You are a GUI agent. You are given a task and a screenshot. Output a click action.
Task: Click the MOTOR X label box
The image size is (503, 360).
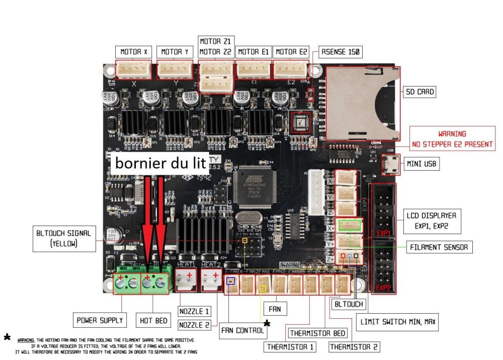(x=134, y=52)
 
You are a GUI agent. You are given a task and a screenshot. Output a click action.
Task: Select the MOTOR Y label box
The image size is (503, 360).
(x=175, y=52)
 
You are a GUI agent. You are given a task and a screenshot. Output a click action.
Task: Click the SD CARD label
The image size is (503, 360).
(x=420, y=92)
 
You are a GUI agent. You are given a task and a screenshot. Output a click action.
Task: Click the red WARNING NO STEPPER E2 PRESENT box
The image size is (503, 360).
(x=452, y=139)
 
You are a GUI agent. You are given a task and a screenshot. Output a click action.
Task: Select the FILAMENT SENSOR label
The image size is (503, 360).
(x=439, y=247)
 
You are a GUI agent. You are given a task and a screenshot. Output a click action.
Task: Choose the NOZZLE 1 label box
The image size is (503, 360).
(x=194, y=311)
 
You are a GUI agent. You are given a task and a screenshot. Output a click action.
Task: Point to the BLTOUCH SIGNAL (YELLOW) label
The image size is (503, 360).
(x=63, y=238)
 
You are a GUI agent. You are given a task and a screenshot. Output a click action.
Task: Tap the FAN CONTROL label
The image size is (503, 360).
(x=243, y=331)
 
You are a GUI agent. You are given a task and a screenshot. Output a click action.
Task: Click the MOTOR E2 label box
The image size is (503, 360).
(x=291, y=52)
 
